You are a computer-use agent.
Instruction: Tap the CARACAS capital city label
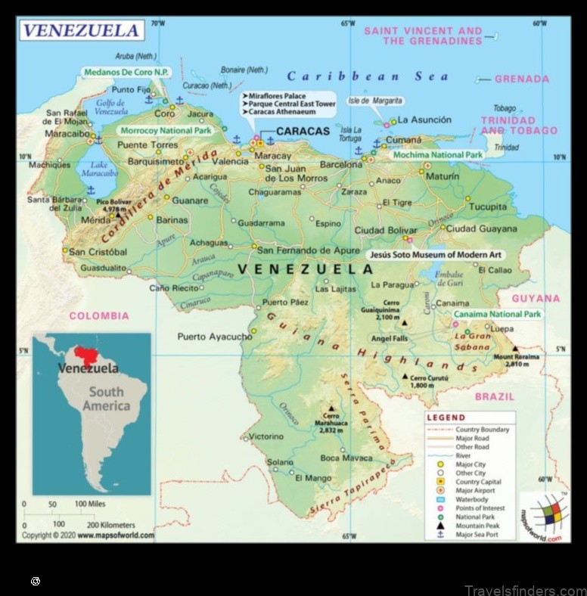[x=303, y=132]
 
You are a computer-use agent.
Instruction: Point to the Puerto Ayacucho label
[x=214, y=337]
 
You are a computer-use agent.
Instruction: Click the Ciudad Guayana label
[x=481, y=228]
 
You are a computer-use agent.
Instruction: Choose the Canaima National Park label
[x=497, y=314]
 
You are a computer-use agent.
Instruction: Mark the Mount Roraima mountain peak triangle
[x=514, y=349]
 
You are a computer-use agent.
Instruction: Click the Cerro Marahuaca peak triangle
[x=330, y=407]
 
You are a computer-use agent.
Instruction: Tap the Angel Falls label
[x=390, y=338]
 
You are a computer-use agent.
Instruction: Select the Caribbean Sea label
[x=368, y=76]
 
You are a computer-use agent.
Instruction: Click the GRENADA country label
[x=523, y=79]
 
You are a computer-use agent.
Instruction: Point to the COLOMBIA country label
[x=99, y=316]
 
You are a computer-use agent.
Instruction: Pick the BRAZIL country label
[x=494, y=396]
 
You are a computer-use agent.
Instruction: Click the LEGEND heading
[x=446, y=418]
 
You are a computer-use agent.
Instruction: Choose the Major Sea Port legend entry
[x=477, y=535]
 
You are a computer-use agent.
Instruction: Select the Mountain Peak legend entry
[x=477, y=526]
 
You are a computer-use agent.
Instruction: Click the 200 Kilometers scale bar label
[x=111, y=524]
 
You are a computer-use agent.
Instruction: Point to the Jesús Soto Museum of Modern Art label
[x=435, y=256]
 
